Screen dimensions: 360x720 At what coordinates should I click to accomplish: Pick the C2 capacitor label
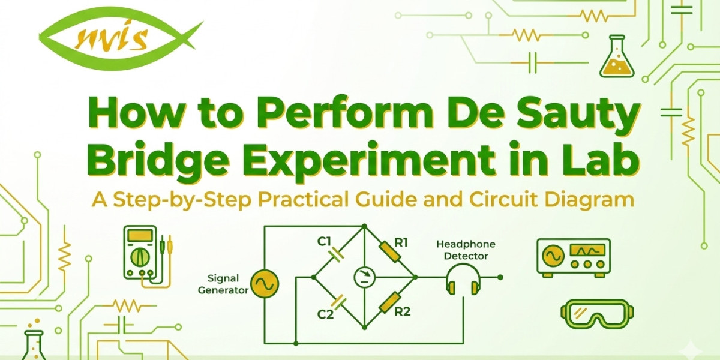324,313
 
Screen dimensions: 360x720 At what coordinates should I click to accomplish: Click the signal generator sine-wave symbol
264,284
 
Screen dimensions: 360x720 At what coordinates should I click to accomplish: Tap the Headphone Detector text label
462,250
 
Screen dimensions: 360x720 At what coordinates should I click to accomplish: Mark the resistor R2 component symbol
390,302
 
